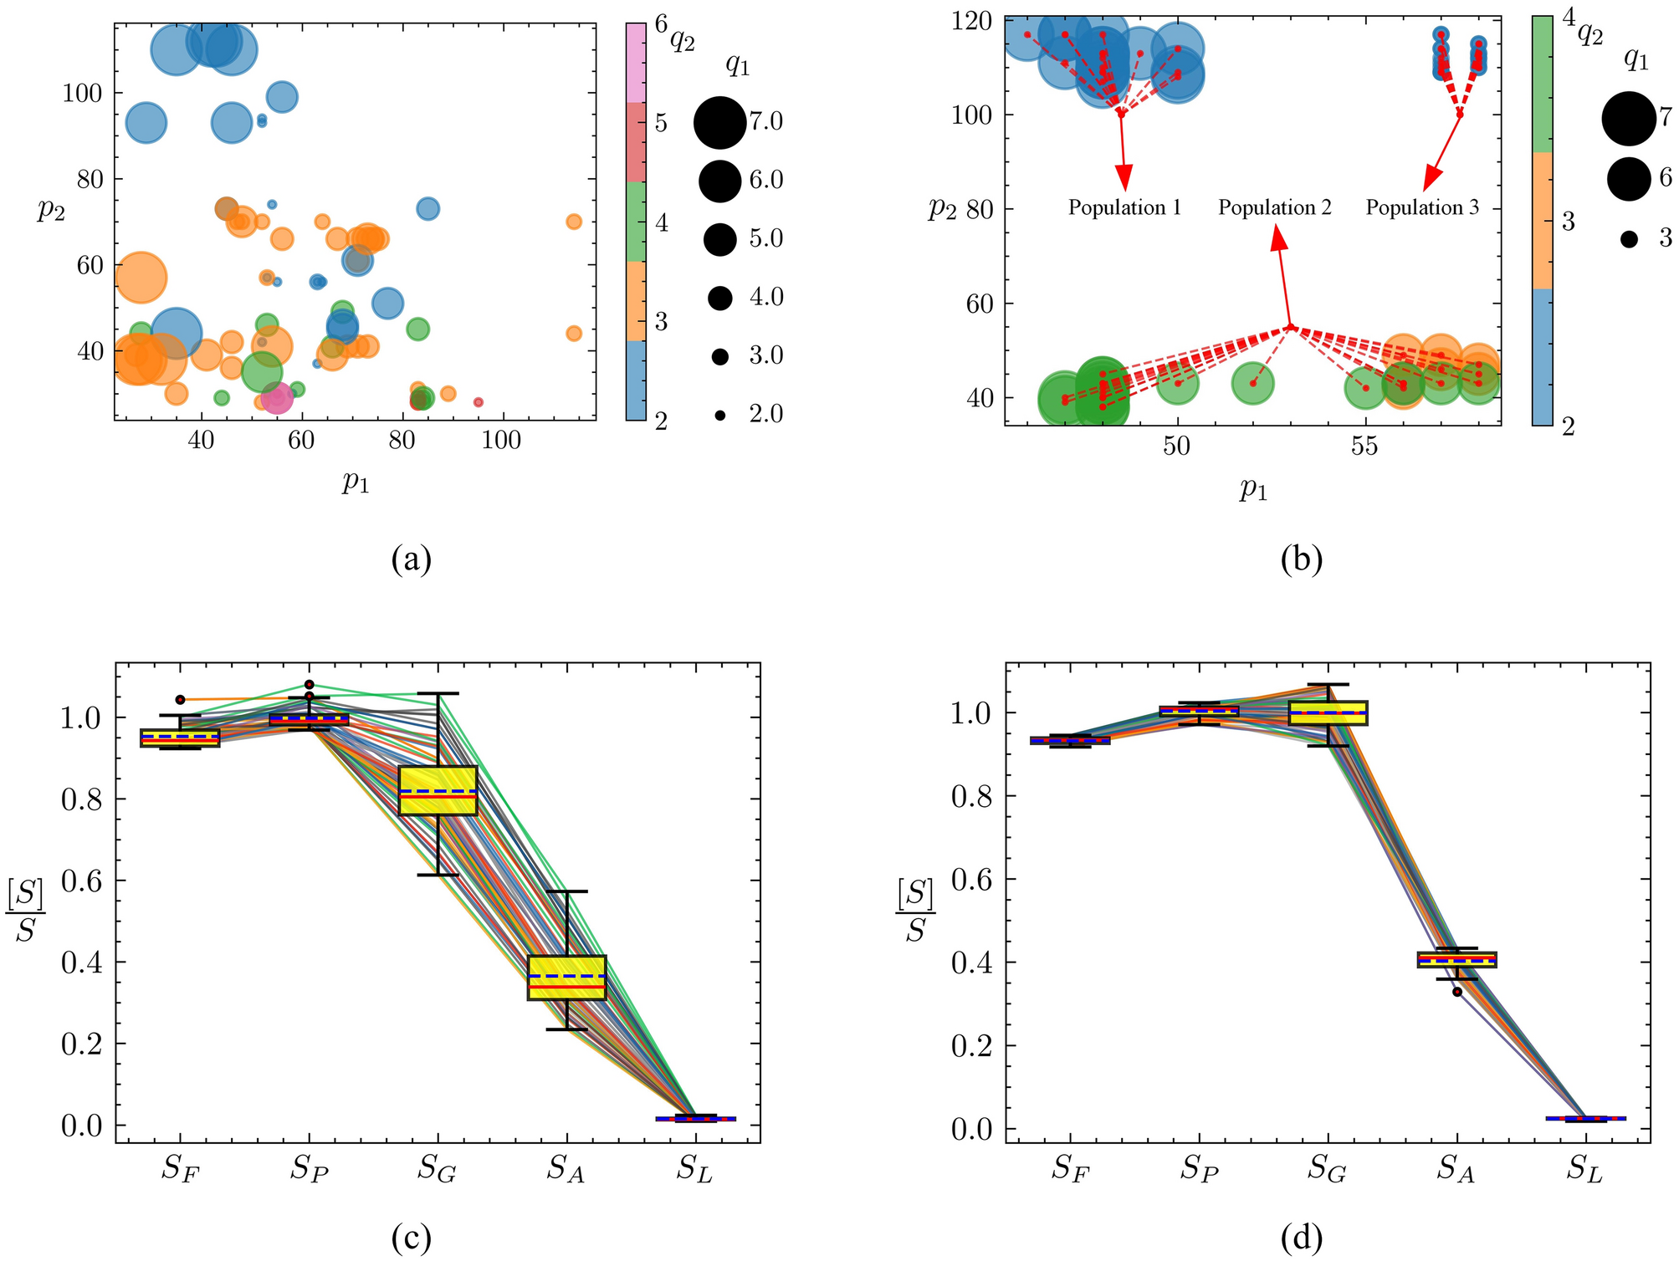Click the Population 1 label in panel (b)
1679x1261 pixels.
[x=1124, y=207]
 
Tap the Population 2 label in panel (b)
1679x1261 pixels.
[x=1274, y=207]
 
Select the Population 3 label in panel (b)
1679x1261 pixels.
[x=1422, y=207]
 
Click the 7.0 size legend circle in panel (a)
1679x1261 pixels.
[x=719, y=122]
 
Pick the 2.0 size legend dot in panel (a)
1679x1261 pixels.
[x=719, y=415]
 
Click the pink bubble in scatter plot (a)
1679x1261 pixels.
[x=277, y=398]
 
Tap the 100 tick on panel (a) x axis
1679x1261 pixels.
[x=501, y=442]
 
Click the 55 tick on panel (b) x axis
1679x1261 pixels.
[x=1364, y=447]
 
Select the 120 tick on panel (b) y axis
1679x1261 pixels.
[x=973, y=20]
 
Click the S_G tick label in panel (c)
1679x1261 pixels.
[x=437, y=1171]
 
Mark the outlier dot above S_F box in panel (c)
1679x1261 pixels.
[x=180, y=699]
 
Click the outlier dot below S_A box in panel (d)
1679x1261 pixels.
[x=1456, y=992]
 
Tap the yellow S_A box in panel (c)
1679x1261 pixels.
[x=566, y=977]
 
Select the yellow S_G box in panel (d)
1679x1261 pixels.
[x=1328, y=712]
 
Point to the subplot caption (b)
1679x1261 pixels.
[x=1301, y=559]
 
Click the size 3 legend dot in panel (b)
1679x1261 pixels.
[x=1628, y=240]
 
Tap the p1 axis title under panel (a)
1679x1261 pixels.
[x=355, y=482]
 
